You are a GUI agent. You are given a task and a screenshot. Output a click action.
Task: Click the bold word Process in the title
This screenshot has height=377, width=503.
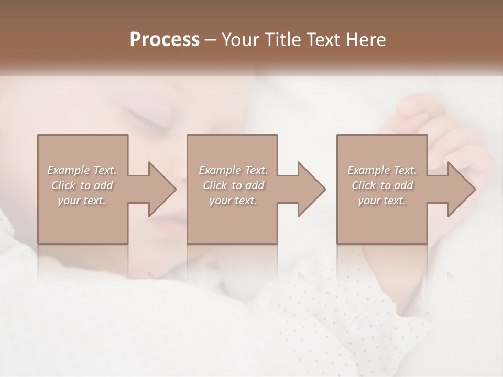pos(165,39)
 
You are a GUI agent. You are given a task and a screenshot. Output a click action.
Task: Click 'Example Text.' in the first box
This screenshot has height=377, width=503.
pos(82,170)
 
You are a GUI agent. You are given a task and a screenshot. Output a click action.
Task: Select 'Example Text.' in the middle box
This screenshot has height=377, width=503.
pos(233,170)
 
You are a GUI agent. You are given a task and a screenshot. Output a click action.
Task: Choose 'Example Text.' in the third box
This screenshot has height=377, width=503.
pos(382,170)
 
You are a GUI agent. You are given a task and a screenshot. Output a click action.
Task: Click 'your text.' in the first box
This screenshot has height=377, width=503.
pos(82,201)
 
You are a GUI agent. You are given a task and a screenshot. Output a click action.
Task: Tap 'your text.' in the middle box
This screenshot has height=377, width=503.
pos(233,201)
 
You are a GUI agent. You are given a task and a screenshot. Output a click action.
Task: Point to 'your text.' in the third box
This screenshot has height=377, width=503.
pos(382,201)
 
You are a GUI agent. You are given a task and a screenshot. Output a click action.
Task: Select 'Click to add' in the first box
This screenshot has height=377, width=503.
pos(82,185)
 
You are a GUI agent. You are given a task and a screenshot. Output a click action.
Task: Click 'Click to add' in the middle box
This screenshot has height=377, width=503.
pos(233,185)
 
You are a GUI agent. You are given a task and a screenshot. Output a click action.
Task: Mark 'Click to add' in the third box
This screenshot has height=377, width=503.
pos(382,185)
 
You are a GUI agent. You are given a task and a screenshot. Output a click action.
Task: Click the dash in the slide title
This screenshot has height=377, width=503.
pos(211,40)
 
